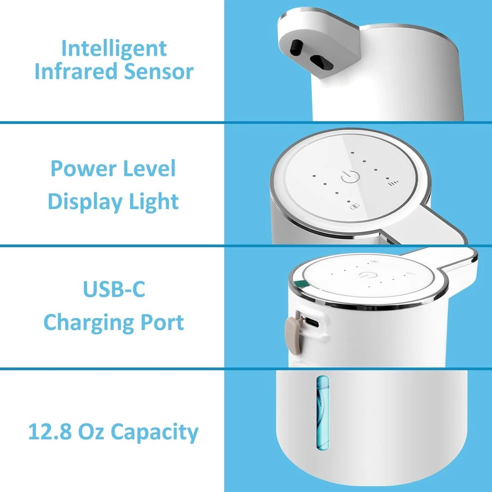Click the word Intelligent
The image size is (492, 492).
click(x=114, y=49)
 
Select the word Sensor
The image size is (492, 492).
click(x=158, y=72)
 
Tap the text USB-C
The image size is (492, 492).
click(x=114, y=290)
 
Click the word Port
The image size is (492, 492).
click(x=161, y=323)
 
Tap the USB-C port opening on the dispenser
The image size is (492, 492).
click(x=312, y=323)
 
